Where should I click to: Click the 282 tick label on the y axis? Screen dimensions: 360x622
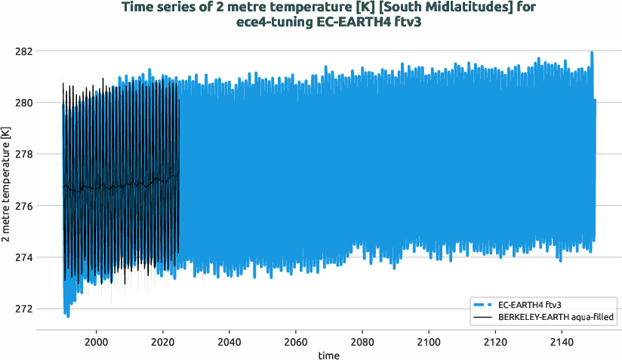[x=23, y=51]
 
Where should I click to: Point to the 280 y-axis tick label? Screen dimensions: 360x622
[x=23, y=103]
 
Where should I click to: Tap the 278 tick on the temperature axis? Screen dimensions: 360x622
[x=23, y=154]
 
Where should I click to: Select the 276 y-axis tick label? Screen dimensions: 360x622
[x=23, y=206]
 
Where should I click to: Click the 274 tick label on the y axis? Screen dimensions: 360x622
[x=23, y=257]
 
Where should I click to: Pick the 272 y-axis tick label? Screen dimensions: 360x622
[x=23, y=309]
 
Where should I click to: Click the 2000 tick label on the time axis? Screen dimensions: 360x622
[x=96, y=341]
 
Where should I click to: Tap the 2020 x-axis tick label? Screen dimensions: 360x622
[x=162, y=341]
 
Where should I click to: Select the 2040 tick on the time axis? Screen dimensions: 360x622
[x=229, y=341]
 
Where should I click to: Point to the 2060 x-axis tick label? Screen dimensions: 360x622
[x=295, y=341]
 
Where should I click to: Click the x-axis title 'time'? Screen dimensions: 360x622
[x=328, y=355]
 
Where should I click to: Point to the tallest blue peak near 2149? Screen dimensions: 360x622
[x=592, y=53]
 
